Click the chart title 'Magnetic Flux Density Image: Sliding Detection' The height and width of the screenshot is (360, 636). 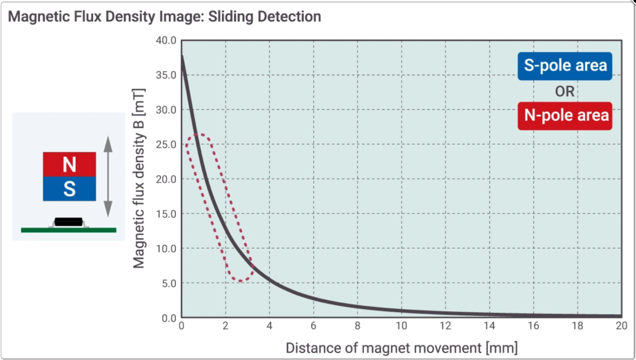pos(164,16)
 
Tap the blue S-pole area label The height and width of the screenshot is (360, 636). pos(565,66)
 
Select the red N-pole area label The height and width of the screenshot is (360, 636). pos(565,115)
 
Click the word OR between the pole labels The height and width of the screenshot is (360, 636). pos(565,91)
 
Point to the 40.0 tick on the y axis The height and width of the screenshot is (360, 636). pos(166,41)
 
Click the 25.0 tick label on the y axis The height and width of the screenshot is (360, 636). pos(166,144)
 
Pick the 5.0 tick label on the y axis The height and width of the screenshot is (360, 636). pos(169,283)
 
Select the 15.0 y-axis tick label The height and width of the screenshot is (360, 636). pos(166,214)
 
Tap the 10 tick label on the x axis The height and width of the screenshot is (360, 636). pos(402,325)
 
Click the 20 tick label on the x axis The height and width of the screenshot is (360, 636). pos(621,325)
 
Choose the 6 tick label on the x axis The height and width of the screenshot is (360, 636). pos(313,325)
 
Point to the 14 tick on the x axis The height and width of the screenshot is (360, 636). pos(489,325)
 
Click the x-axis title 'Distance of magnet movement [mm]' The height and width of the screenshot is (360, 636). pos(402,348)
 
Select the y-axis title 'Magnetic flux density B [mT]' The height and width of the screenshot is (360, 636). pos(139,178)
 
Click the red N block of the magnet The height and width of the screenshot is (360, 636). pos(69,164)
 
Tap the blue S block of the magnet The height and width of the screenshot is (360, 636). pos(69,189)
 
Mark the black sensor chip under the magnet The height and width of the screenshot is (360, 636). pos(68,222)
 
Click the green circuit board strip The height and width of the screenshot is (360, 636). pos(68,230)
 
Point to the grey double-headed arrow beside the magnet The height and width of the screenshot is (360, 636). pos(108,177)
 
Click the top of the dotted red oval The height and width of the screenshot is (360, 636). pos(198,134)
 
